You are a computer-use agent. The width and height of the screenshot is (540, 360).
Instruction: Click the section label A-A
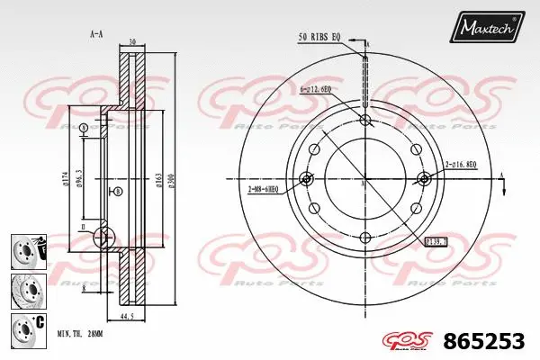pos(95,34)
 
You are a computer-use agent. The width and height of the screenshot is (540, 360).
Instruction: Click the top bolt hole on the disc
pos(364,121)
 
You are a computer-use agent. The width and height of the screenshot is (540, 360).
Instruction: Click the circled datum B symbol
pos(117,192)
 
